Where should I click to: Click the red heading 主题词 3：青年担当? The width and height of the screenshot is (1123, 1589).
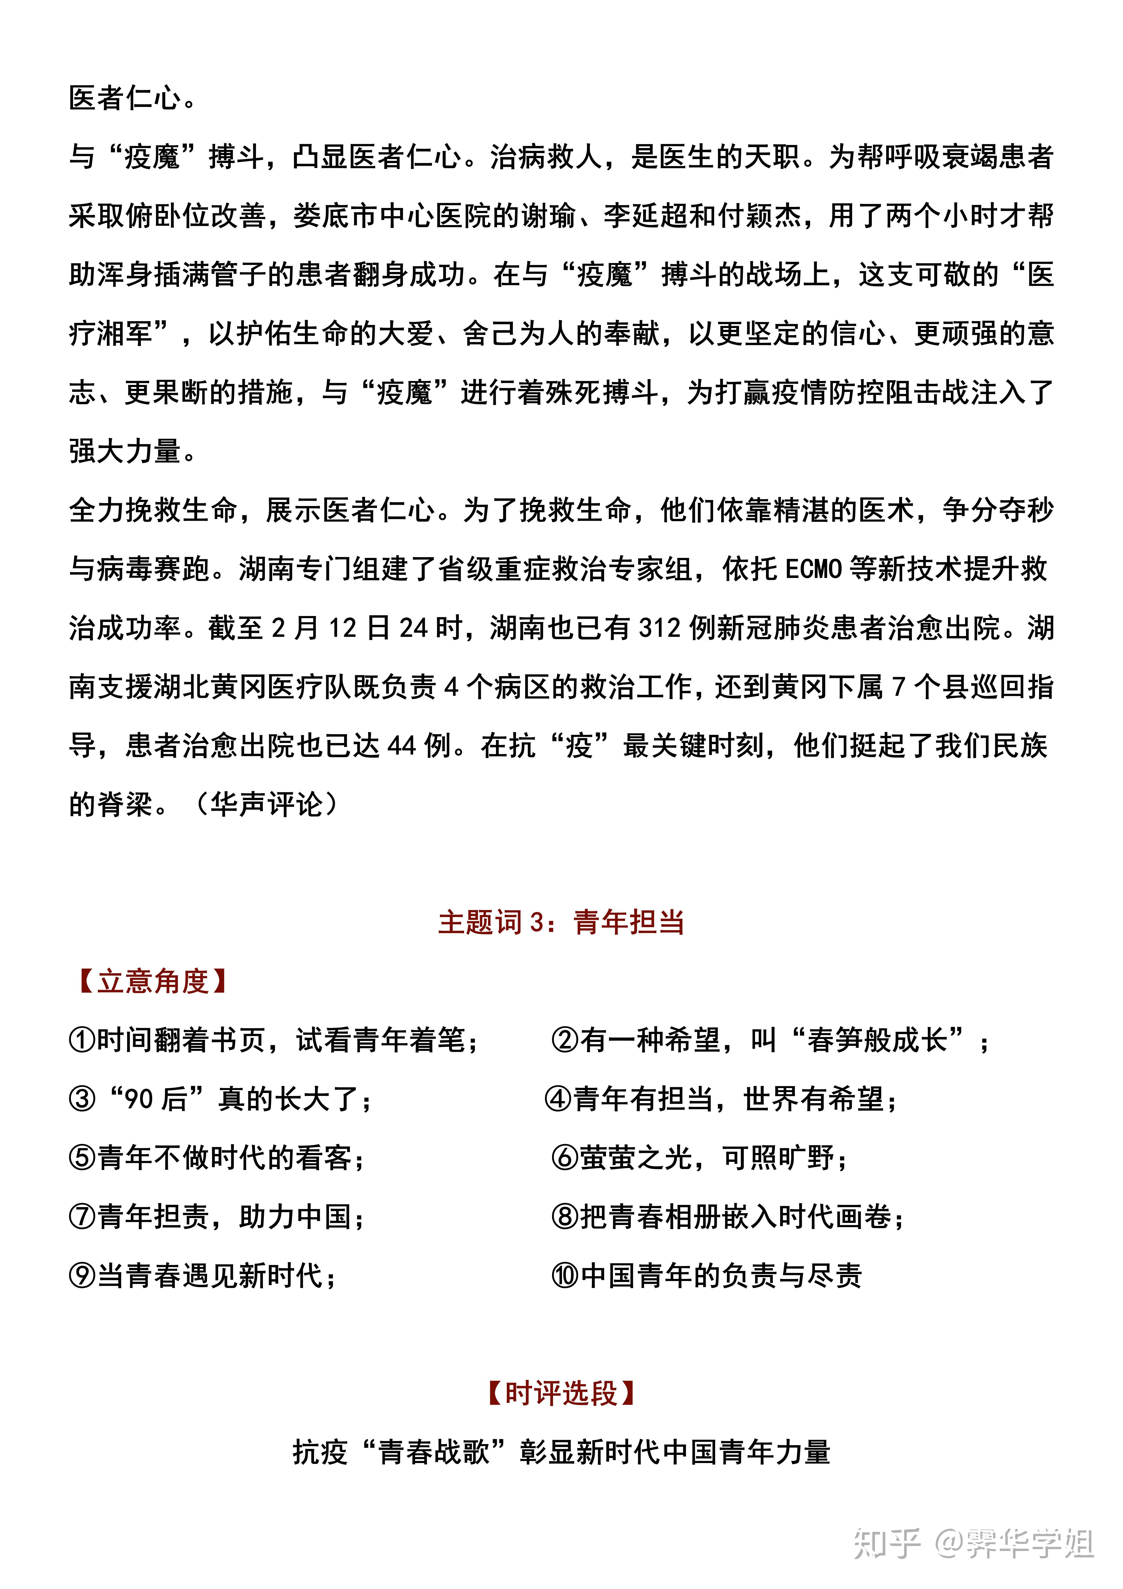[561, 922]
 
